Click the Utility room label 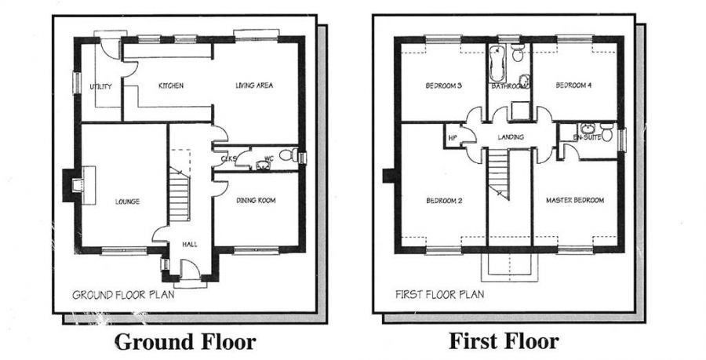100,85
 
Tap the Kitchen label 170,85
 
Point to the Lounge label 126,202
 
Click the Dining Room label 256,201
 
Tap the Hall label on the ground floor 189,244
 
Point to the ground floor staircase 181,188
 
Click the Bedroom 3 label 443,85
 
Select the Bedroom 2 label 443,201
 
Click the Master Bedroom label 575,201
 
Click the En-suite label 585,138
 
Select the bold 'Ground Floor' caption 185,342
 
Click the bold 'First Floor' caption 504,341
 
